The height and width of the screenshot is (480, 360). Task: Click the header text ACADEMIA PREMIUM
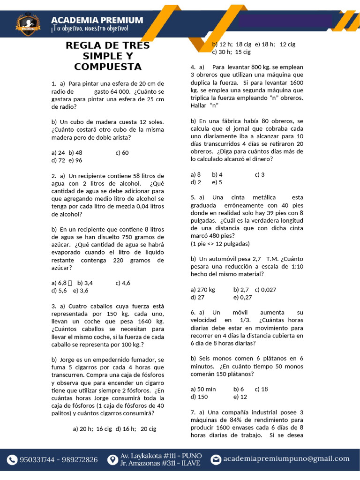click(x=97, y=20)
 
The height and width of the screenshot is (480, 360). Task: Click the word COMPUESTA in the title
click(x=108, y=67)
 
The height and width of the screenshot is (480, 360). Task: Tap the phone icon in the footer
click(x=12, y=460)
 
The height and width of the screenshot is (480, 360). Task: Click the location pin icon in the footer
click(x=112, y=459)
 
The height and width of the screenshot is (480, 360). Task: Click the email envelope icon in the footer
click(x=216, y=459)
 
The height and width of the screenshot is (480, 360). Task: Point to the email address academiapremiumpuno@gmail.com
click(x=286, y=459)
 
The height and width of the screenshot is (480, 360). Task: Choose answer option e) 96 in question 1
click(x=75, y=160)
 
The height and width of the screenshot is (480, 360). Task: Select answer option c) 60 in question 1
click(x=122, y=152)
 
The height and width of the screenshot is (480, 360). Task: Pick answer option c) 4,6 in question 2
click(x=123, y=283)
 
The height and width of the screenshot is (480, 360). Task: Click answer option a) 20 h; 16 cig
click(x=92, y=428)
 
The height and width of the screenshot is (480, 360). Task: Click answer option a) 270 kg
click(x=203, y=290)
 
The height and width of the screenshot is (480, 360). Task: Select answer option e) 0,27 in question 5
click(x=242, y=297)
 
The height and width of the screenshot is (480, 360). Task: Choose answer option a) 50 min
click(x=203, y=389)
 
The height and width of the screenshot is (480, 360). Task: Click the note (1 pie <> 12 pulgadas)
click(x=220, y=244)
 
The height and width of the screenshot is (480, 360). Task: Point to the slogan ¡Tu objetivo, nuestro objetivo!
click(x=89, y=29)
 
